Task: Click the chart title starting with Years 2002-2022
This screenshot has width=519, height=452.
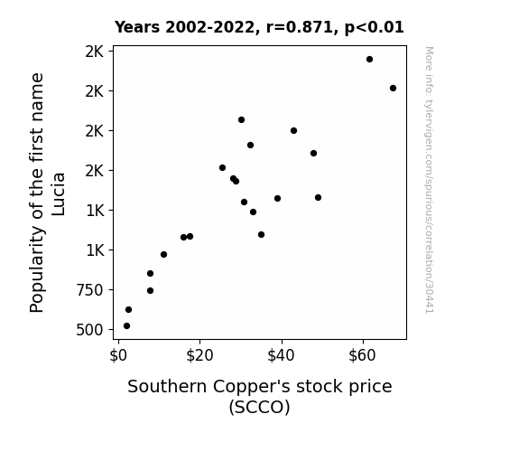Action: pos(259,27)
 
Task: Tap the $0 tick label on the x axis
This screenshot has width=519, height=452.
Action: pos(118,356)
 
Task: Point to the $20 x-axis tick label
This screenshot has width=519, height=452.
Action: pos(199,356)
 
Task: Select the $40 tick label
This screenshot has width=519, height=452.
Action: pos(281,356)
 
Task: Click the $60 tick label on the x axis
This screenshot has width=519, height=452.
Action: pos(363,356)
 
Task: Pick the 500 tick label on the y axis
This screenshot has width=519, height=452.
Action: pos(89,330)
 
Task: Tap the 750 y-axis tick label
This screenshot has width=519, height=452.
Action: pos(89,290)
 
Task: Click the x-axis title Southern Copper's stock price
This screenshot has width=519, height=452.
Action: pos(260,387)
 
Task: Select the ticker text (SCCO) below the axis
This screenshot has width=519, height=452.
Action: pos(260,407)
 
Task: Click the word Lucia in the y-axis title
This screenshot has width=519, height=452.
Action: pos(59,194)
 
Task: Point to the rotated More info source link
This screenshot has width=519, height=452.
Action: pos(430,180)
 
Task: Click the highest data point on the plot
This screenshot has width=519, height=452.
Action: pos(370,60)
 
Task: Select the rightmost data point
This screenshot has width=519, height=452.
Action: pos(393,89)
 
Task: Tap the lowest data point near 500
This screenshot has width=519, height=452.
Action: pos(126,326)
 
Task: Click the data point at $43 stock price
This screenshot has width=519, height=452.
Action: pos(293,131)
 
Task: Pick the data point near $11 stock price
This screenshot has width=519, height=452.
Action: pos(163,254)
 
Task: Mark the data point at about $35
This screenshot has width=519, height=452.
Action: pos(261,235)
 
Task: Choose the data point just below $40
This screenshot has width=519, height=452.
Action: pos(277,198)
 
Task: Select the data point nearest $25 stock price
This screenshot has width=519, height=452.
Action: pos(222,168)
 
